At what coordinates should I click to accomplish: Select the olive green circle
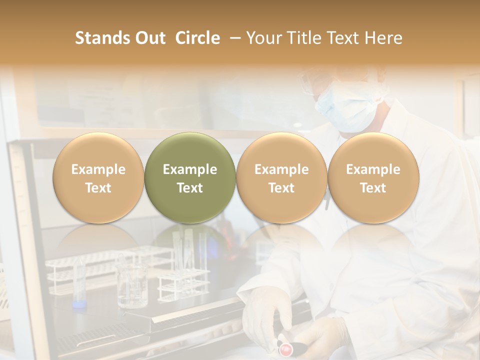(x=190, y=178)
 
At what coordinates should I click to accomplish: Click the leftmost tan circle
(x=98, y=178)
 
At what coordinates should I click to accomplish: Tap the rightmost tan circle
(x=373, y=178)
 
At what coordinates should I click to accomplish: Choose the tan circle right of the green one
(x=281, y=178)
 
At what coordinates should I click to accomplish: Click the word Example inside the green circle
(x=190, y=169)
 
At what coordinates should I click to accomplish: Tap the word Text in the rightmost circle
(x=373, y=188)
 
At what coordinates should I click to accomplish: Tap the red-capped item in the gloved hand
(x=285, y=346)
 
